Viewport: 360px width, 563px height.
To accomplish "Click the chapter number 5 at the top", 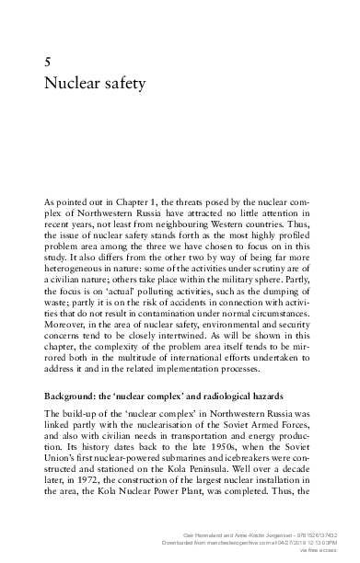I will pyautogui.click(x=47, y=61).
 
